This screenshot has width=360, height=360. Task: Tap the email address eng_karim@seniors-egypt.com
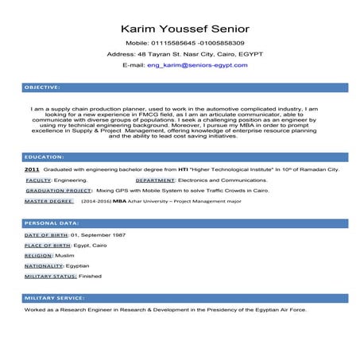coord(197,65)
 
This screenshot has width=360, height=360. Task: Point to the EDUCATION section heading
coord(44,157)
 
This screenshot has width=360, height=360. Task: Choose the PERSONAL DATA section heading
coord(51,223)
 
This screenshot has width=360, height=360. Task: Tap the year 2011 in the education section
coord(32,170)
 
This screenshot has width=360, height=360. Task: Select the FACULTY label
coord(38,180)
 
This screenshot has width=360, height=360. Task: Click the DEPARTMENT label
coord(155,180)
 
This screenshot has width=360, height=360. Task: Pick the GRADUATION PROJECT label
coord(59,191)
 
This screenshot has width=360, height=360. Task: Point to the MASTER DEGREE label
coord(48,201)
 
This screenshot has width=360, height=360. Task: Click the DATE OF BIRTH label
coord(46,235)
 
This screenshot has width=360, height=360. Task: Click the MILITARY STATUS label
coord(50,276)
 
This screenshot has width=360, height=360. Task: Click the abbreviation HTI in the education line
coord(182,170)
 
